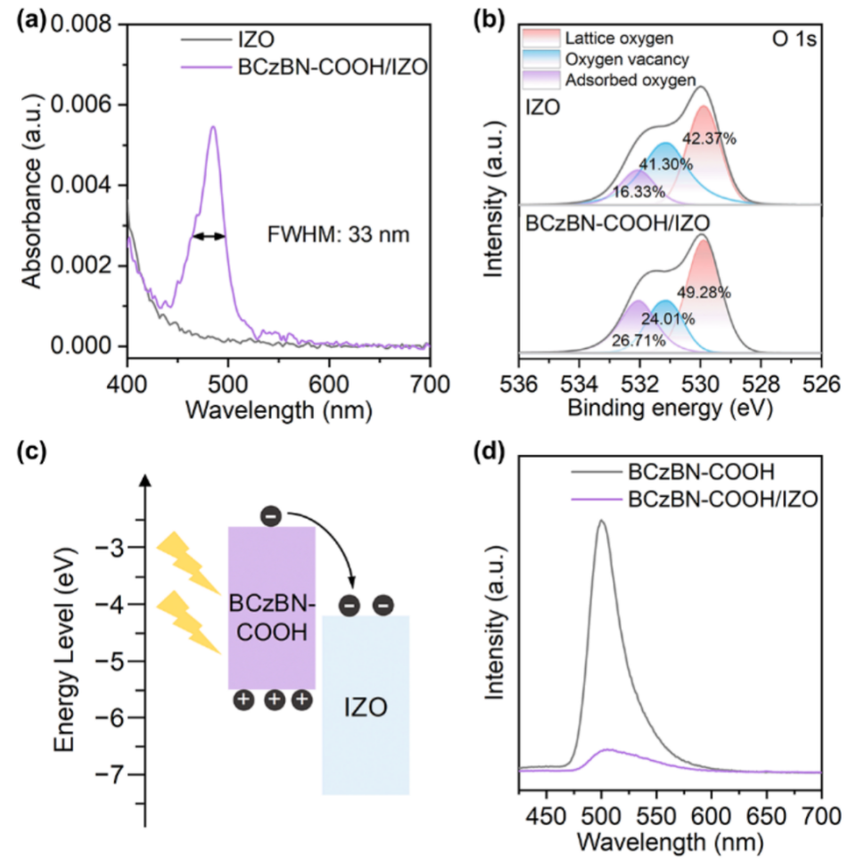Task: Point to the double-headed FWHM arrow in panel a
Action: click(x=210, y=236)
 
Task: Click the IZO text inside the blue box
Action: click(x=366, y=710)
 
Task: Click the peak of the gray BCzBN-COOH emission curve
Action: click(x=602, y=521)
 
